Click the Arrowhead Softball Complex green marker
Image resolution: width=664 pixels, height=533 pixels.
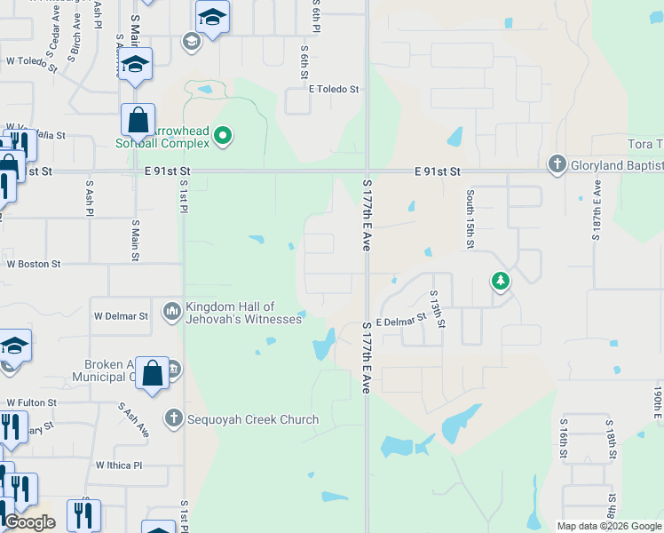pos(223,136)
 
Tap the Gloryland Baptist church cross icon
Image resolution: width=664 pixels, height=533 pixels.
pos(557,163)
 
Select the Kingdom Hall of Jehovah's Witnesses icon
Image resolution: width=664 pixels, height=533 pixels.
pos(172,312)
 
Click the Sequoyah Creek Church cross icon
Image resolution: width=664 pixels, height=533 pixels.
pos(173,418)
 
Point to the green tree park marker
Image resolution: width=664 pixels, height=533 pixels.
pos(501,282)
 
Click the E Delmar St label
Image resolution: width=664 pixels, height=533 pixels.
pos(402,323)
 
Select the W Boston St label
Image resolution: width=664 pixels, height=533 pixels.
pos(33,264)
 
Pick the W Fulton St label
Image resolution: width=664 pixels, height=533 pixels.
pos(31,402)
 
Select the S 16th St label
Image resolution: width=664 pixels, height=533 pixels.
pos(563,440)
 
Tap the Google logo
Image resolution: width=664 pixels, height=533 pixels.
pos(29,522)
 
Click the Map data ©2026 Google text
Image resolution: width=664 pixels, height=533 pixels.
pos(609,526)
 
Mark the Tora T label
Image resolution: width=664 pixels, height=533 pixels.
pos(644,145)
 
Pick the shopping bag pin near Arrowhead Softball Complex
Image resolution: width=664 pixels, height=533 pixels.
pos(138,120)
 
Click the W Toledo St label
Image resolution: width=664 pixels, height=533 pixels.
pos(31,62)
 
